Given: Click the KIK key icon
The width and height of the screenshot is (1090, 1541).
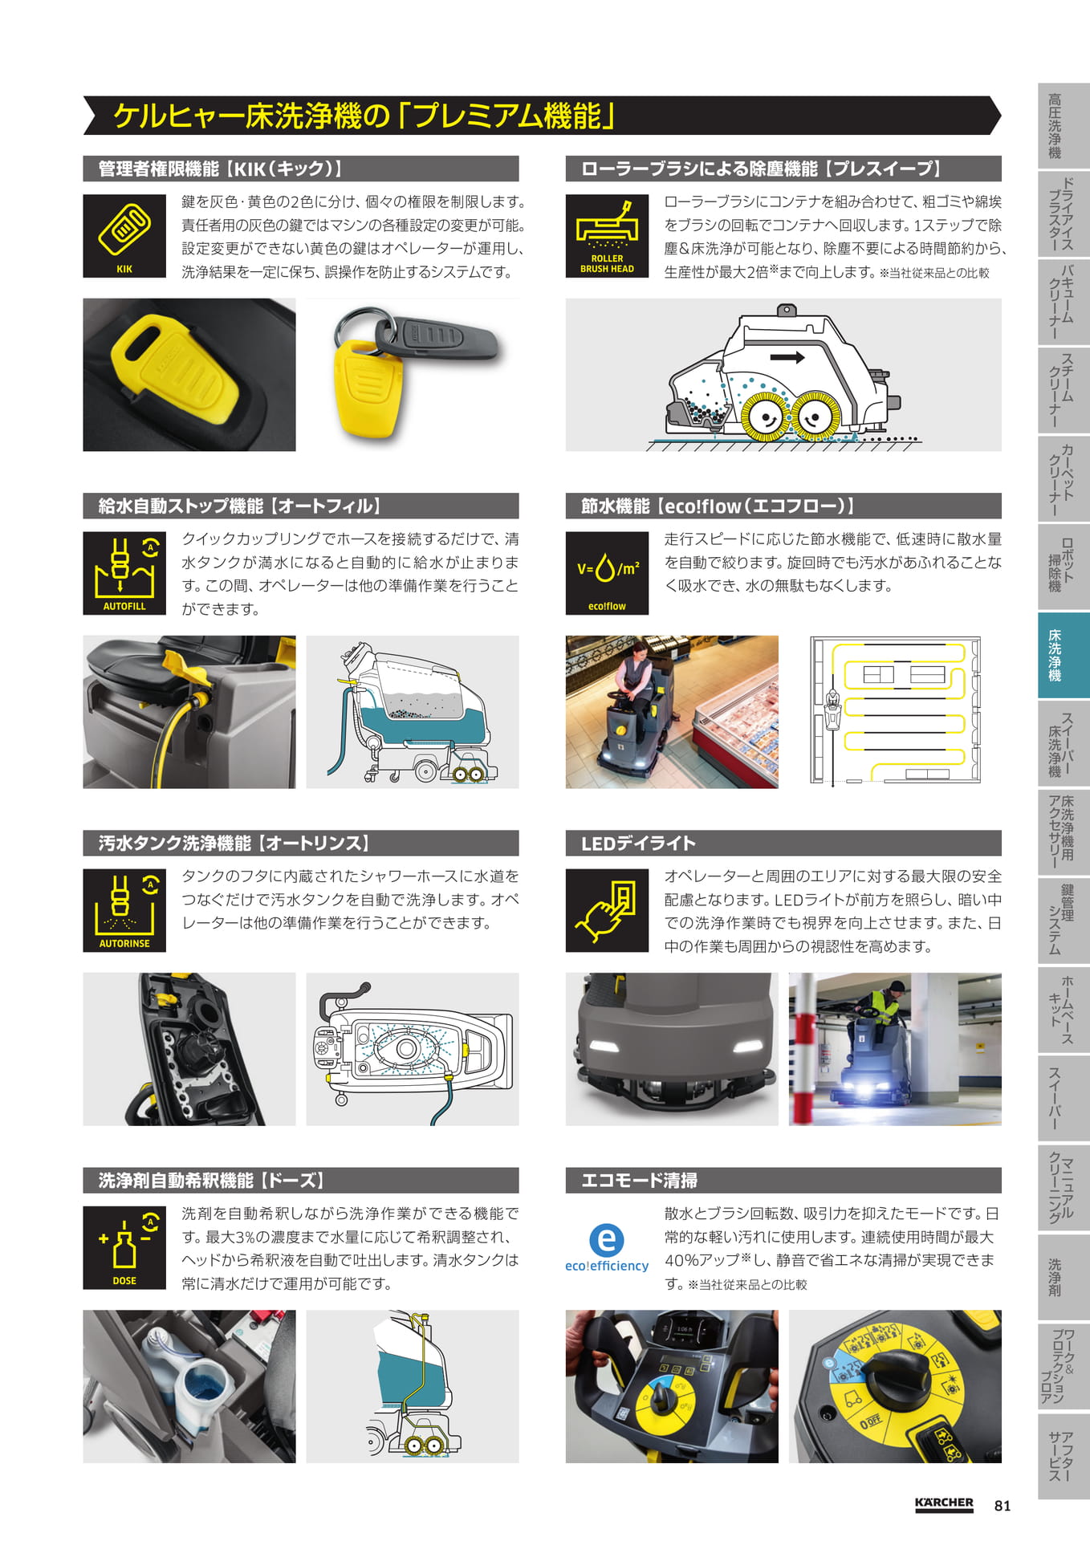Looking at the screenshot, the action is coord(124,236).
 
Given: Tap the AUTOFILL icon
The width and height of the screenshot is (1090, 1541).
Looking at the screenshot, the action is coord(124,573).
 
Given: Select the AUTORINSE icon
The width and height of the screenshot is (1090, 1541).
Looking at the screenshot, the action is coord(124,910).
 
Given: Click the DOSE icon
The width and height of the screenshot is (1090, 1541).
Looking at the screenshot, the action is coord(124,1247).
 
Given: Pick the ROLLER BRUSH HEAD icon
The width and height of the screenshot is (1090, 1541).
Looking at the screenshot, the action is coord(607,236).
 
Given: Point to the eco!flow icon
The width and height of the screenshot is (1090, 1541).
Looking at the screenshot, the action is coord(607,573).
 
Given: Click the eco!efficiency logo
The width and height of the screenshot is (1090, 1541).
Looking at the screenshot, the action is coord(607,1248).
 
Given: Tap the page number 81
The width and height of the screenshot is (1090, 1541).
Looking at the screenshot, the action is coord(1003,1506).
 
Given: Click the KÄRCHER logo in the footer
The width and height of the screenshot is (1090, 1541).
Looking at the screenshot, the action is coord(944,1504).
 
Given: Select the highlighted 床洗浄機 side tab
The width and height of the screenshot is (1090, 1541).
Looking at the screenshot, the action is coord(1064,655).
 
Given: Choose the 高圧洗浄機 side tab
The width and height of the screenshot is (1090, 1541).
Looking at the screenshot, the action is coord(1064,125).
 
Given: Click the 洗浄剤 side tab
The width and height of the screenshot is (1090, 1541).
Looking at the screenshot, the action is coord(1064,1277).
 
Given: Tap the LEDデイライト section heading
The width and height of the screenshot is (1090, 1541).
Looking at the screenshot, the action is coord(638,844).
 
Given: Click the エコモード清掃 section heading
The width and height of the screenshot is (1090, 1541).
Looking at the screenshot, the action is coord(639,1181).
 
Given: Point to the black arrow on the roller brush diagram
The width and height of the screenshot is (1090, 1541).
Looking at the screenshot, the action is coord(787,357).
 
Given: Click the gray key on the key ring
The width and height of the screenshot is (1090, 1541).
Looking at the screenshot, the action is coord(437,335).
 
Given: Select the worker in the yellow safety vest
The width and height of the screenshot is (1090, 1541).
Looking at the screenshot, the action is coord(880,1005).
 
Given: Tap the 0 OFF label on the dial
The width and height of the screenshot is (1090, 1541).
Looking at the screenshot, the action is coord(871,1421).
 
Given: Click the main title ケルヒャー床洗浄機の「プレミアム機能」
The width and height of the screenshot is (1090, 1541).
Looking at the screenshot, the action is coord(364,116).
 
